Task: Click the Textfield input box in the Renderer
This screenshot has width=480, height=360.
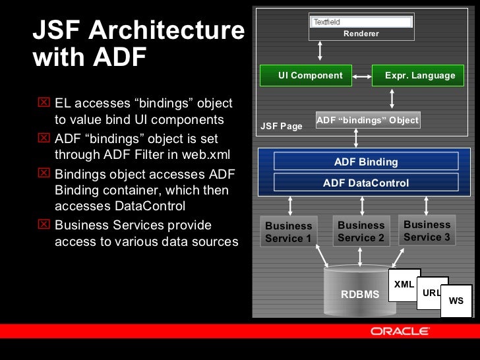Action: pos(361,22)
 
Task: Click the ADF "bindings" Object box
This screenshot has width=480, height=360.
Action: pos(368,121)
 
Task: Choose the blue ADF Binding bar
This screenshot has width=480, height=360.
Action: pos(366,162)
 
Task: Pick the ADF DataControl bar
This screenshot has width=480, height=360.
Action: pos(366,183)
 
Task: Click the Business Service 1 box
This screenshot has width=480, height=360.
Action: pos(289,232)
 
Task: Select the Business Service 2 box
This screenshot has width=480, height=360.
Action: pos(361,231)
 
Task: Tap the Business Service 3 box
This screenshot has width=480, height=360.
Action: pos(427,231)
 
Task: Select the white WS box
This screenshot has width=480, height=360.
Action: pos(456,301)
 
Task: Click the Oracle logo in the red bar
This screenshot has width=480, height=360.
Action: pos(400,331)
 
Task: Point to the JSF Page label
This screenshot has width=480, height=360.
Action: pos(282,126)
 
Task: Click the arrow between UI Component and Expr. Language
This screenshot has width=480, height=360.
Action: pos(362,76)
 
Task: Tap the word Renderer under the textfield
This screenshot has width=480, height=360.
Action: pos(361,34)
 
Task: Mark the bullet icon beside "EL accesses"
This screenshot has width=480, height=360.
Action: pos(45,103)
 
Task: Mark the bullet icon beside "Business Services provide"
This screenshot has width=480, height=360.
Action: pos(45,225)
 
